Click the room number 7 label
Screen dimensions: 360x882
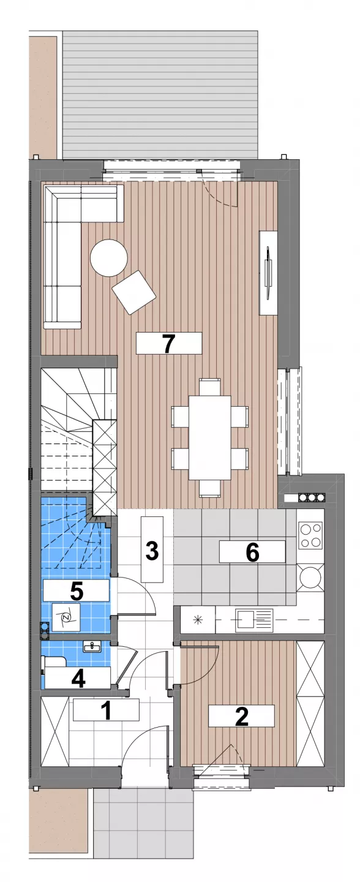(168, 344)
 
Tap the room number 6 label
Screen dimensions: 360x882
(252, 551)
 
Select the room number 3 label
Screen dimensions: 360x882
(152, 549)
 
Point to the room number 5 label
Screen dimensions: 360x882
(76, 590)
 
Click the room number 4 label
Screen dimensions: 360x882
(78, 677)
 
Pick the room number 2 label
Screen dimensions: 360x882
(241, 716)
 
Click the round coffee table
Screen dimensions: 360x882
(108, 258)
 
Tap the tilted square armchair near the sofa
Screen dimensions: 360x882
(133, 292)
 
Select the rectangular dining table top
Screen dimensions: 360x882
(210, 437)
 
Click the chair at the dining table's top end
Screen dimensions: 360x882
(210, 386)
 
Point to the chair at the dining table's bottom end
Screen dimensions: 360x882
(210, 489)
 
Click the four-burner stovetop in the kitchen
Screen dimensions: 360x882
(311, 535)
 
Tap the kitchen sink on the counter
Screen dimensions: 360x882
(254, 619)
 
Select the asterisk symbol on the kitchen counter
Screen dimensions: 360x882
(197, 619)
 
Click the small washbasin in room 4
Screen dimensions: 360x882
(92, 646)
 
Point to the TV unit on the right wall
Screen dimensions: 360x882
(268, 273)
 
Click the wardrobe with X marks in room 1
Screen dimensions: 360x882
(54, 731)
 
